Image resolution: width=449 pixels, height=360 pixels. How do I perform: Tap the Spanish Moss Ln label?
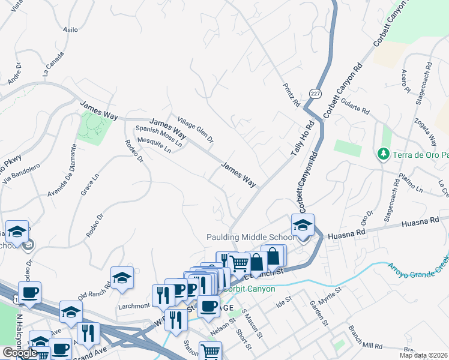[x=158, y=136]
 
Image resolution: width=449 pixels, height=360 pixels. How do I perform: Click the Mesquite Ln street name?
[x=154, y=146]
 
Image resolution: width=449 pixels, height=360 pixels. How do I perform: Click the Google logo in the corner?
[x=19, y=353]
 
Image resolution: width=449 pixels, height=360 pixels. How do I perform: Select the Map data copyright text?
[x=423, y=355]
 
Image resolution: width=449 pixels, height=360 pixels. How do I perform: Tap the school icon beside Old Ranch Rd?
[x=122, y=277]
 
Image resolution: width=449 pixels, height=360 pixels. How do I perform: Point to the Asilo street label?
[x=71, y=29]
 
